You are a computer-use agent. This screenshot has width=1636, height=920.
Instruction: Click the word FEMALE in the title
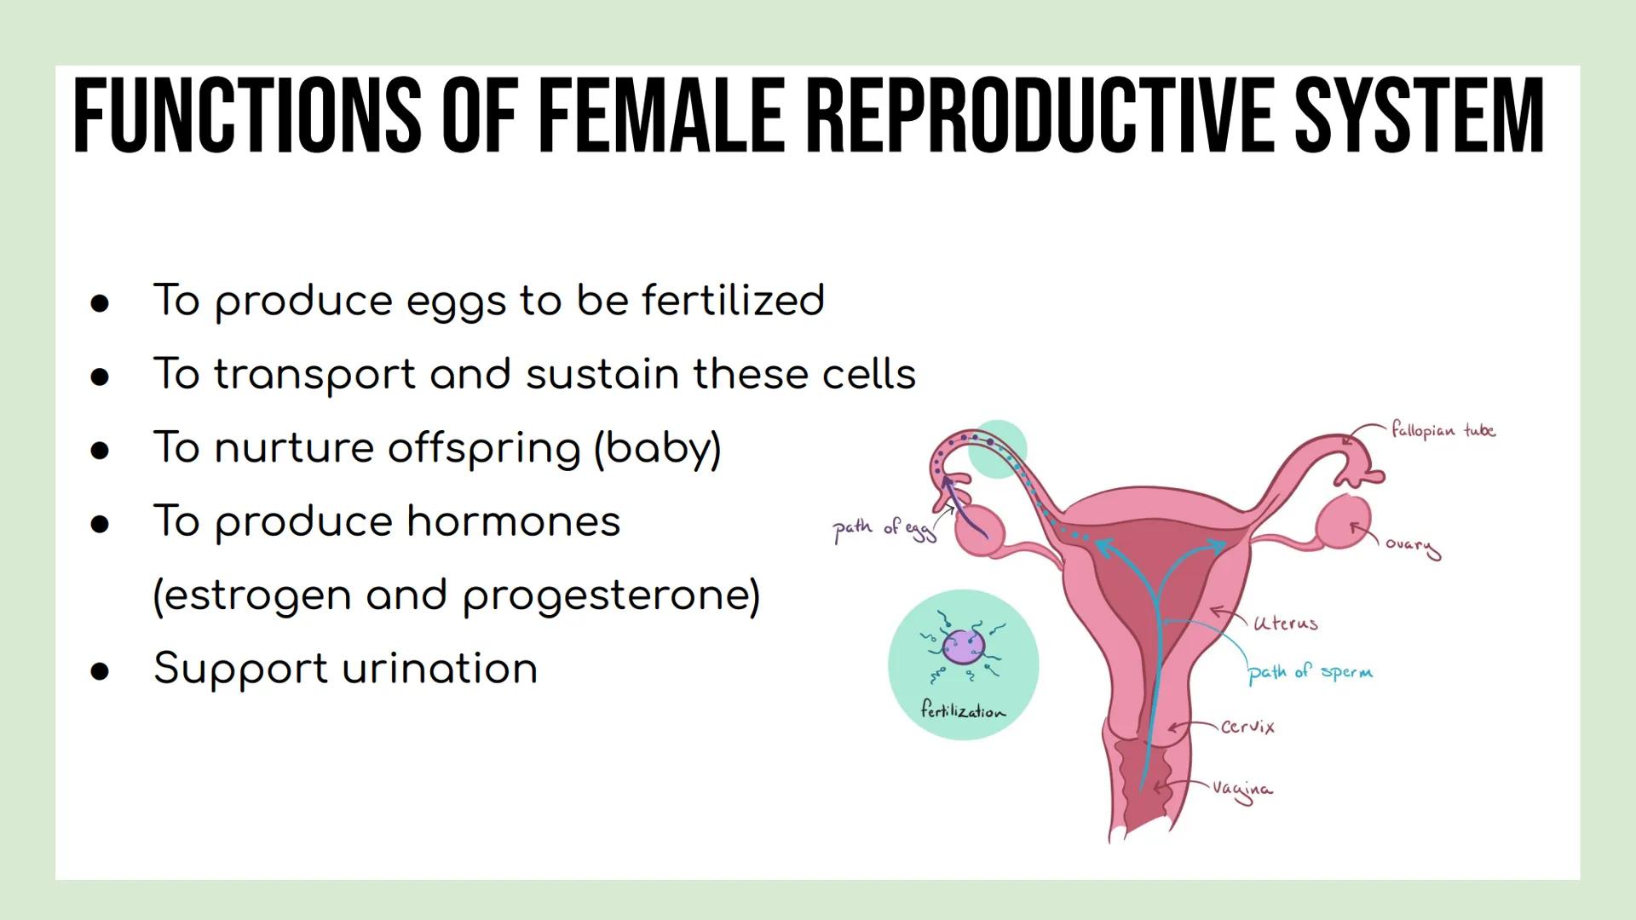pyautogui.click(x=661, y=115)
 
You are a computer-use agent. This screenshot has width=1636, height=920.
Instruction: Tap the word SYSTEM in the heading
pyautogui.click(x=1419, y=115)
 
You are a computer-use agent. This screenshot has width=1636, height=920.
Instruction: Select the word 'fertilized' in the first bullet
pyautogui.click(x=733, y=300)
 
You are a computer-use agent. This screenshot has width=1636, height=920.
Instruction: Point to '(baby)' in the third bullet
pyautogui.click(x=657, y=448)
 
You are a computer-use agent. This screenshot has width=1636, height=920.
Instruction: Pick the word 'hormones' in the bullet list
pyautogui.click(x=514, y=521)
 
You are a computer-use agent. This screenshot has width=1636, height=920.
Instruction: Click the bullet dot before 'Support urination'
pyautogui.click(x=101, y=671)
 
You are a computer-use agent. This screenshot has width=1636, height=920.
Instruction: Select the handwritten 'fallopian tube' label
pyautogui.click(x=1443, y=430)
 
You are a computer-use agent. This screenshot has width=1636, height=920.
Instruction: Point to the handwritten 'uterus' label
pyautogui.click(x=1285, y=623)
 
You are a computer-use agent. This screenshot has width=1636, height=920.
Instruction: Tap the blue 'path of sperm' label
pyautogui.click(x=1310, y=672)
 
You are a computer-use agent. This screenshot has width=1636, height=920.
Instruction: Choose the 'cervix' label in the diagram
pyautogui.click(x=1247, y=727)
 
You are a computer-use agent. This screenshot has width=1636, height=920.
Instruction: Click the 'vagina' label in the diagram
pyautogui.click(x=1243, y=790)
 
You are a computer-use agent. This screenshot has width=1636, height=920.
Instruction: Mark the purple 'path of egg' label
pyautogui.click(x=883, y=530)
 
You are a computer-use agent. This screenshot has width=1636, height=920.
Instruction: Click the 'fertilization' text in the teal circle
pyautogui.click(x=963, y=710)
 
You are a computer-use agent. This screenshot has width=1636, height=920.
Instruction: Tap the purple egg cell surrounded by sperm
pyautogui.click(x=964, y=647)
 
